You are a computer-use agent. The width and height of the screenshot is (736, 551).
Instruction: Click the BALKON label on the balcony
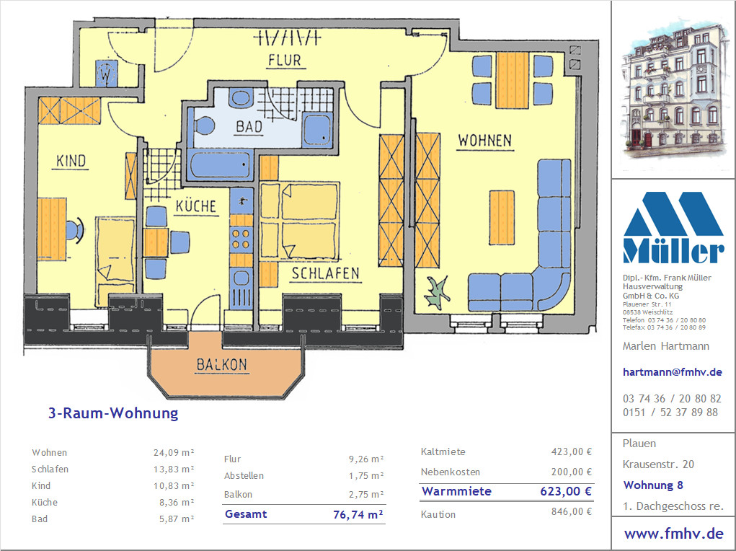(221, 365)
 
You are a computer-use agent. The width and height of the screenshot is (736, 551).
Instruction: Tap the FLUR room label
(285, 61)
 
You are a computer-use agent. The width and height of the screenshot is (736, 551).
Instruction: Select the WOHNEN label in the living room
(485, 141)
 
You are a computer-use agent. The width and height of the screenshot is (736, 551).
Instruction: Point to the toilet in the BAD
(204, 126)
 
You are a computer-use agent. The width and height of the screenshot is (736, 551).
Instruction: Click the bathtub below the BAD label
(220, 164)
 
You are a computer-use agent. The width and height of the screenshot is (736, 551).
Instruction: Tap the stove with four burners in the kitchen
(241, 238)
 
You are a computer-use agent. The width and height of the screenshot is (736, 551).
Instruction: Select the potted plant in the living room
(437, 293)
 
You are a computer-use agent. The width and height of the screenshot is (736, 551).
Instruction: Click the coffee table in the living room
(502, 218)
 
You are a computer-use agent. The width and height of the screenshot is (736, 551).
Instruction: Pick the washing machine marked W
(107, 74)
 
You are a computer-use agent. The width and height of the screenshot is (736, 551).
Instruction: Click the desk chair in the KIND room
(75, 231)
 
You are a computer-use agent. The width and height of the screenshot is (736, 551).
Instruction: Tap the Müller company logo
(673, 227)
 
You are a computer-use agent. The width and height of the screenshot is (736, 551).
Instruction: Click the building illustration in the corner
(673, 88)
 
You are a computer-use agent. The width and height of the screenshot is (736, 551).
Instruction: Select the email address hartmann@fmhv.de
(672, 372)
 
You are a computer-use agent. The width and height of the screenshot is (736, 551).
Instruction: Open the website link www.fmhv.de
(673, 534)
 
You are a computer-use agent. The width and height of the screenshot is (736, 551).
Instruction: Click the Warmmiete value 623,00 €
(566, 491)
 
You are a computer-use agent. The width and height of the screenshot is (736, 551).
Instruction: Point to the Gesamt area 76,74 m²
(358, 514)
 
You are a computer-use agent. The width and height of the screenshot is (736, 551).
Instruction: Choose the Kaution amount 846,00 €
(571, 511)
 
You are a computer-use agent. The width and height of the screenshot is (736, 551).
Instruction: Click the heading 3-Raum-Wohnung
(113, 413)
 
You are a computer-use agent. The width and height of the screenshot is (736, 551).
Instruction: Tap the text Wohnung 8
(653, 485)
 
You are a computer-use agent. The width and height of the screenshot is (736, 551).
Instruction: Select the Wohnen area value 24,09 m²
(174, 453)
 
